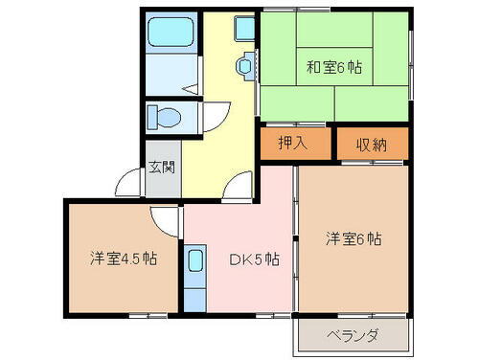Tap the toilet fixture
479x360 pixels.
pos(164,118)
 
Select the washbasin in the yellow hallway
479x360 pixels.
pos(246,66)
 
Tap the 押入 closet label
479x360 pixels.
pos(292,144)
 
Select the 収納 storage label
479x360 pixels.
pos(372,144)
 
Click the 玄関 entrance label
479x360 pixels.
pos(161,168)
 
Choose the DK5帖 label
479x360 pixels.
pos(254,259)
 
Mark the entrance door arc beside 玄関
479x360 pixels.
pos(127,183)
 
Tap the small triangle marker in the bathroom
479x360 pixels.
pos(192,88)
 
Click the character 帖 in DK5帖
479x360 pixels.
pos(272,259)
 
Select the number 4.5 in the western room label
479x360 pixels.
pos(124,259)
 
